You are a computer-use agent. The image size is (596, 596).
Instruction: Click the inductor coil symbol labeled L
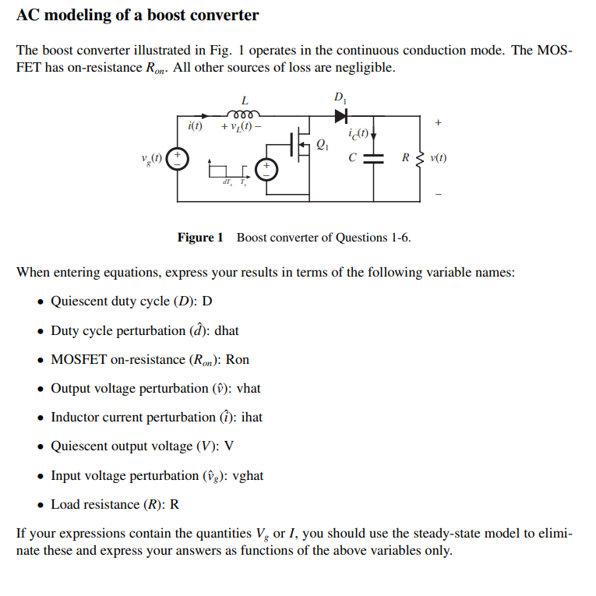coord(245,114)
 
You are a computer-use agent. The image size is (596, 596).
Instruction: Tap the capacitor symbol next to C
coord(375,158)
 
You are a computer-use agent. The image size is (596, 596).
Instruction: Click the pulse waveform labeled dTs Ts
coord(230,173)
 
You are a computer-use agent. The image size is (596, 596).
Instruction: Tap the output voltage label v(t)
coord(438,158)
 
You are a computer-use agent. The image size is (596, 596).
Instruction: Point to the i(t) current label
coord(195,126)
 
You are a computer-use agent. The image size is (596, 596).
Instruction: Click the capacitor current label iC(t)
coord(360,133)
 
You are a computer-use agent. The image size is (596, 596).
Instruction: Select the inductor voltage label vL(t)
coord(242,127)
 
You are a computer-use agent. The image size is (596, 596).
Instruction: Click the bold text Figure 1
coord(200,238)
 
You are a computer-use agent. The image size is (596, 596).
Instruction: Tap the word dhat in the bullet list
coord(226,330)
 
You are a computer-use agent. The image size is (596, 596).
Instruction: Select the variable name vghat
coord(249,475)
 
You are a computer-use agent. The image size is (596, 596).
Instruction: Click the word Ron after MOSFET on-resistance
coord(237,359)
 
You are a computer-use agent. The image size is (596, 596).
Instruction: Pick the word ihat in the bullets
coord(252,417)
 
